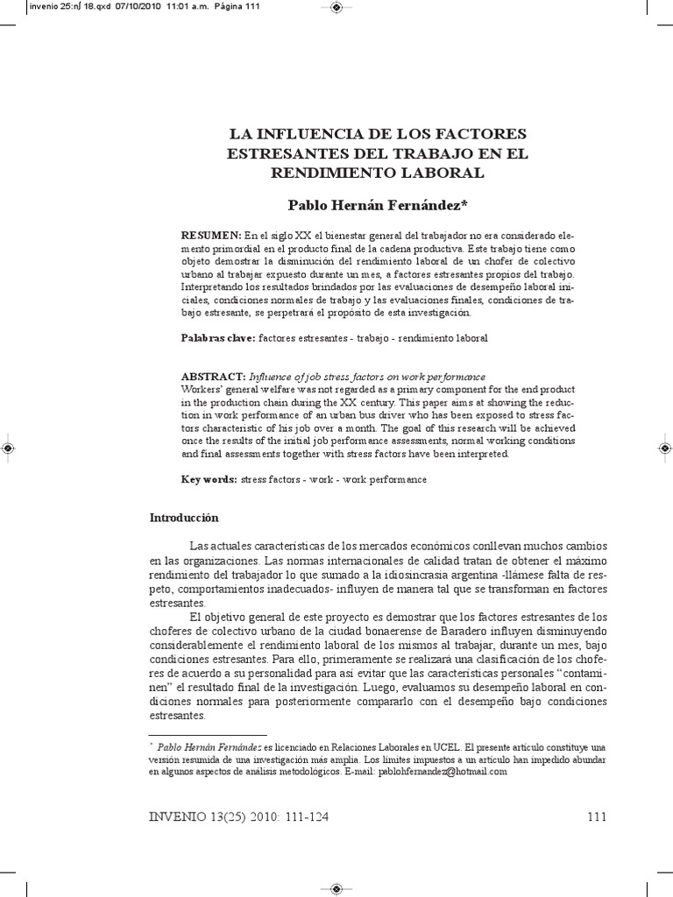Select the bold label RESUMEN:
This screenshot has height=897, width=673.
pos(210,236)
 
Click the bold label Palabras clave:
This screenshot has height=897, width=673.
pos(218,337)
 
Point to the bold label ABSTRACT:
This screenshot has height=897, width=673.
pos(214,376)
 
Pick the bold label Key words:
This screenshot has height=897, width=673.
pos(209,480)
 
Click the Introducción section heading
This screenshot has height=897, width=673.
pos(184,519)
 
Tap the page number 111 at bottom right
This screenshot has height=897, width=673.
pos(596,817)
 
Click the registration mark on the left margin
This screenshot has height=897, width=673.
pos(7,448)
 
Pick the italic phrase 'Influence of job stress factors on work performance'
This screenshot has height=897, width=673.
pos(367,376)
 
